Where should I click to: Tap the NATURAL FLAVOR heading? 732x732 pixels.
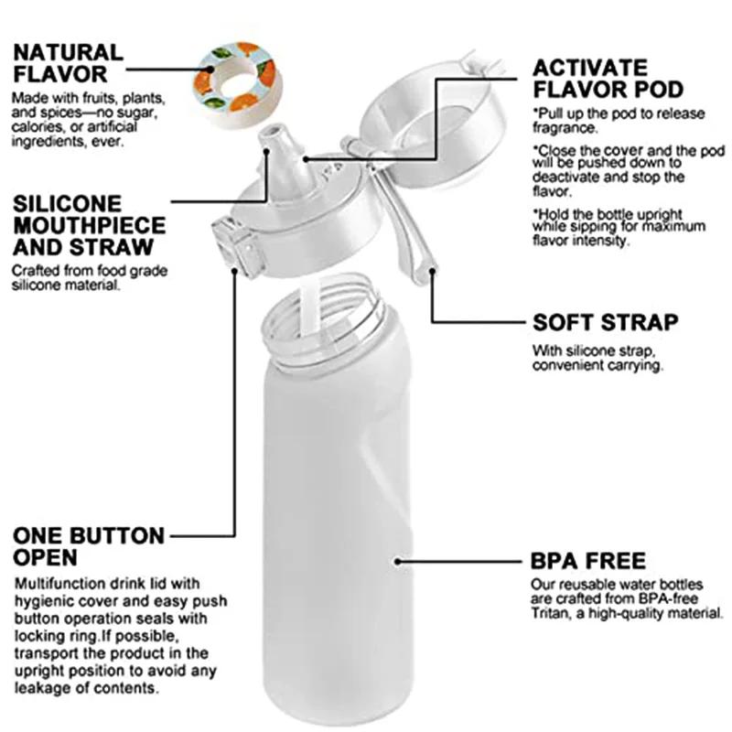click(68, 62)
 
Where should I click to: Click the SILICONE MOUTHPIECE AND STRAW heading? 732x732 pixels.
click(88, 224)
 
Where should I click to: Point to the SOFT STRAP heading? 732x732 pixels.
click(606, 322)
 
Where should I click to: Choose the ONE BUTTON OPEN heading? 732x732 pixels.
click(88, 545)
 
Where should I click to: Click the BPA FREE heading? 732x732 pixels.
click(588, 560)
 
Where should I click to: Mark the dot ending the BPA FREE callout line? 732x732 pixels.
click(396, 560)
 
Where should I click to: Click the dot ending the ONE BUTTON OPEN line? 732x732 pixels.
click(234, 274)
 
